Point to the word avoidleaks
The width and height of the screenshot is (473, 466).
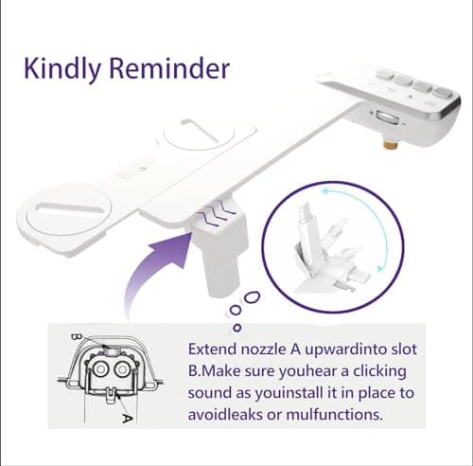click(x=230, y=414)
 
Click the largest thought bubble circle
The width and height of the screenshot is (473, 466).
click(x=251, y=296)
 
